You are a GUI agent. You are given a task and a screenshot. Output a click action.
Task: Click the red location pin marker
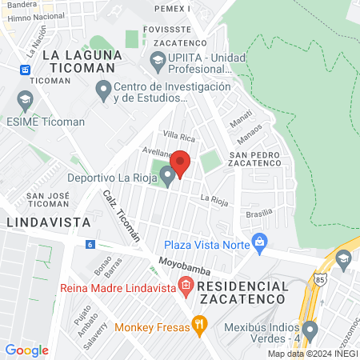tap(181, 164)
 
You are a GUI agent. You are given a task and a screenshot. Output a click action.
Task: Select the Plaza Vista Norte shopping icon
tap(259, 242)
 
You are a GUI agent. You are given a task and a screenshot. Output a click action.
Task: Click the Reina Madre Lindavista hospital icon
tap(186, 286)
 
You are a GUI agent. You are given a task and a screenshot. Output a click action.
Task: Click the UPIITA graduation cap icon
tap(158, 59)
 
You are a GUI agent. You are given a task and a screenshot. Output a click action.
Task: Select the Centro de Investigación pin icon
tap(104, 90)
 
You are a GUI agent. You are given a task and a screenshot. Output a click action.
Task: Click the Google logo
tap(26, 350)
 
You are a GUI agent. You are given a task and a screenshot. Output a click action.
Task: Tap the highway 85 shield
tap(320, 281)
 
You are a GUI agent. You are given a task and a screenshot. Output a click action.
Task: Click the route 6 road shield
tap(90, 244)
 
